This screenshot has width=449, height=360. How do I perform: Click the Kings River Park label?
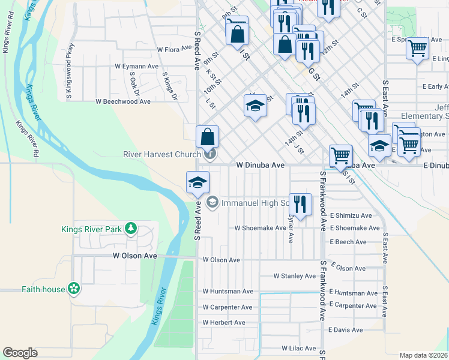click(90, 229)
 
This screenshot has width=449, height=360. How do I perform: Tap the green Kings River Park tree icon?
click(130, 229)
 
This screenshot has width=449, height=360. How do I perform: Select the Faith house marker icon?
click(74, 289)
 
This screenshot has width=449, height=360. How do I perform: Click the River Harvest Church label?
click(161, 154)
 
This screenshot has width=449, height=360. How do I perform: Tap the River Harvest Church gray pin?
click(210, 154)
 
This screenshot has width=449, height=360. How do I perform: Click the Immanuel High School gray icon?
click(212, 203)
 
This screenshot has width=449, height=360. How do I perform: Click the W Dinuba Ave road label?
click(260, 164)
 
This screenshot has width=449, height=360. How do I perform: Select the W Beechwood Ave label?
click(123, 102)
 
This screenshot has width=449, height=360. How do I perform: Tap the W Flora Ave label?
click(173, 50)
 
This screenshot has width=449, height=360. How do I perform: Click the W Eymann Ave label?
click(137, 66)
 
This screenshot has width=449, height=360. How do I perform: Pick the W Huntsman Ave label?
click(228, 292)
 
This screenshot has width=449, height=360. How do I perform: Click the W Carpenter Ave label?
click(227, 307)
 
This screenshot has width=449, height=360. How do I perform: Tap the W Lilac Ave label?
click(298, 348)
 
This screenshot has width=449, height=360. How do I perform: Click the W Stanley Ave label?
click(294, 276)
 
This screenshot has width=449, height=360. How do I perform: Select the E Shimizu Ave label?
click(351, 215)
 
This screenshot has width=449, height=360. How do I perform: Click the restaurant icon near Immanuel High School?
click(299, 204)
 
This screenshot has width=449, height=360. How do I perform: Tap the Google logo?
click(20, 353)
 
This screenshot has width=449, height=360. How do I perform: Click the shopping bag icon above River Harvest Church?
click(207, 136)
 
